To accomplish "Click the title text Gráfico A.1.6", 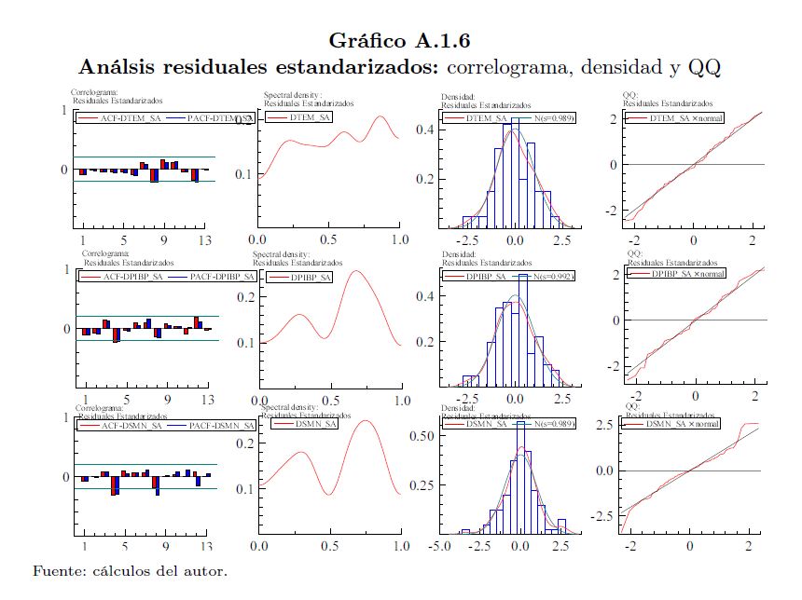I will (400, 40).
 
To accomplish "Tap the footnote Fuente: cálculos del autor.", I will (130, 570).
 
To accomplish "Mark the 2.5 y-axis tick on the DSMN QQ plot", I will (606, 425).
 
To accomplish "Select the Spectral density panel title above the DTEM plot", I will (293, 95).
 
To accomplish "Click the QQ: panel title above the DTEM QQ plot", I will (631, 96).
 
